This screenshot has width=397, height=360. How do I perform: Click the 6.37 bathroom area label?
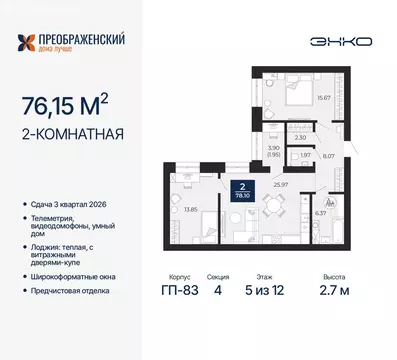pyautogui.click(x=321, y=211)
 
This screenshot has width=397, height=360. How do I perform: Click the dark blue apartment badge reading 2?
pyautogui.click(x=241, y=189)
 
